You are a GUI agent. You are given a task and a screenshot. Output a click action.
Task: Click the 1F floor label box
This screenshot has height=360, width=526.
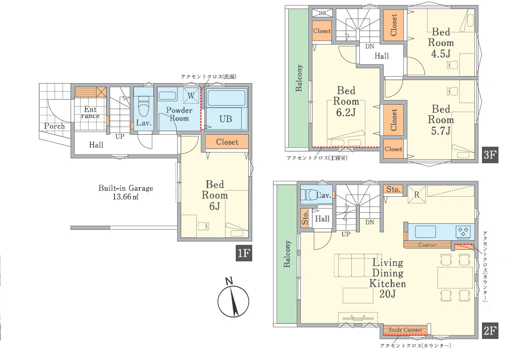pyautogui.click(x=244, y=253)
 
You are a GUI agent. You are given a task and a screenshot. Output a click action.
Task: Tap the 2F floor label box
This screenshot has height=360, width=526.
pyautogui.click(x=489, y=331)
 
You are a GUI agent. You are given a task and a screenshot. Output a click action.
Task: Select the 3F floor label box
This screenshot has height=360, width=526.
pyautogui.click(x=489, y=155)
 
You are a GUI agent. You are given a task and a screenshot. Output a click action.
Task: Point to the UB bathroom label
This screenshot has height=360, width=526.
pyautogui.click(x=225, y=119)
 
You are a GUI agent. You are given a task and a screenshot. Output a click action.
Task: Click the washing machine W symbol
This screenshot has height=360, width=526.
pyautogui.click(x=191, y=96)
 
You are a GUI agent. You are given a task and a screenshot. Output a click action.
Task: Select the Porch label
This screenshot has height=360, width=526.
pyautogui.click(x=55, y=126)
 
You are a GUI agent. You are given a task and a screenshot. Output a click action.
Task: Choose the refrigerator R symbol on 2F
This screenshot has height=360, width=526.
pyautogui.click(x=416, y=194)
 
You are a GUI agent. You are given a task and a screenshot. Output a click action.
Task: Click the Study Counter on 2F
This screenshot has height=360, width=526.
pyautogui.click(x=405, y=330)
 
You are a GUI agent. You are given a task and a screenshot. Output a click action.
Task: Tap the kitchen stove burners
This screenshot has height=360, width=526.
pyautogui.click(x=463, y=231)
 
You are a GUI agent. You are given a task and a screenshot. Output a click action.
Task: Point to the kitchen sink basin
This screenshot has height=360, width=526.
pyautogui.click(x=425, y=231)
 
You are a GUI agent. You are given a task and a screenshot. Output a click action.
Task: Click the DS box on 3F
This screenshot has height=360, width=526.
pyautogui.click(x=322, y=13)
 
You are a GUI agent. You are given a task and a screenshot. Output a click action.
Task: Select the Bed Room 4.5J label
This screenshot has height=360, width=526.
pyautogui.click(x=441, y=43)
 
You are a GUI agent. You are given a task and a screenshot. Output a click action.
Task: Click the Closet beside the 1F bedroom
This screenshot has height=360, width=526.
pyautogui.click(x=227, y=142)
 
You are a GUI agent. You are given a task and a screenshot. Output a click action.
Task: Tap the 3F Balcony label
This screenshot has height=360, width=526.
pyautogui.click(x=299, y=78)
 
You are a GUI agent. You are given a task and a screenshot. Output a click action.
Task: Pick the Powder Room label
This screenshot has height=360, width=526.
pyautogui.click(x=179, y=114)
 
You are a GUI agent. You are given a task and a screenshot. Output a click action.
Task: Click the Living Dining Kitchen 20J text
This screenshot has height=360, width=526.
pyautogui.click(x=387, y=278)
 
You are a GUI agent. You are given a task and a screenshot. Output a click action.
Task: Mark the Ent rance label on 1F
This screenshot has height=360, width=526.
pyautogui.click(x=90, y=112)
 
